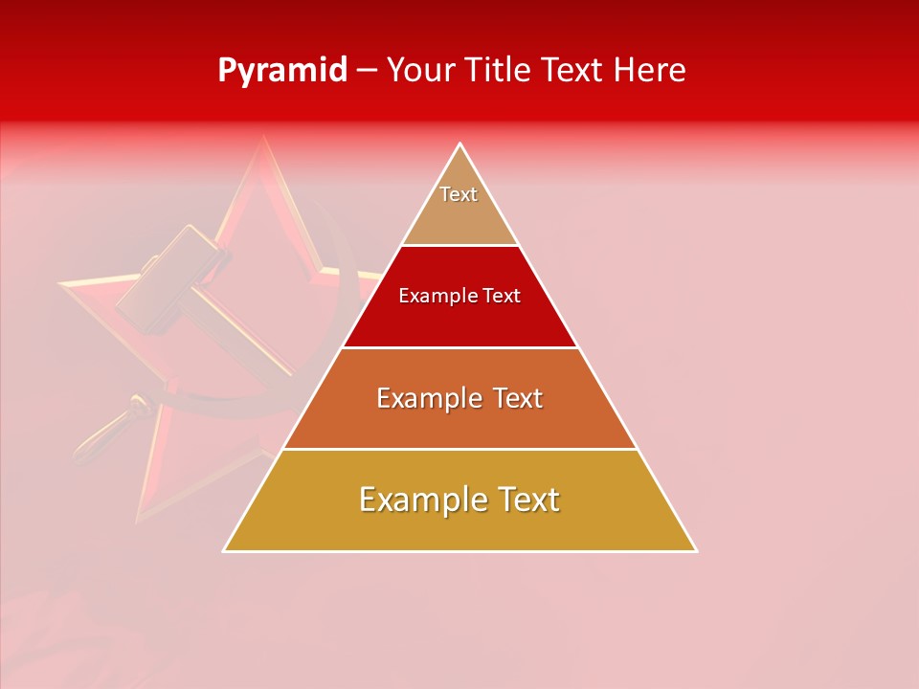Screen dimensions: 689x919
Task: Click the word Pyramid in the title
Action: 281,71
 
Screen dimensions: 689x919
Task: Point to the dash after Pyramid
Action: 366,71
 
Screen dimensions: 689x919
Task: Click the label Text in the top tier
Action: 459,194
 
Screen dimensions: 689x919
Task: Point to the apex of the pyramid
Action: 460,144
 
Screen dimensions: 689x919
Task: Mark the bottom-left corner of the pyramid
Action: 224,551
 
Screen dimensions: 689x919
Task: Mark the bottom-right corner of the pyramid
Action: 696,551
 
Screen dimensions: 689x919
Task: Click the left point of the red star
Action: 59,283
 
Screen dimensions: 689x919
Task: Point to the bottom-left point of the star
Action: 139,522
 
